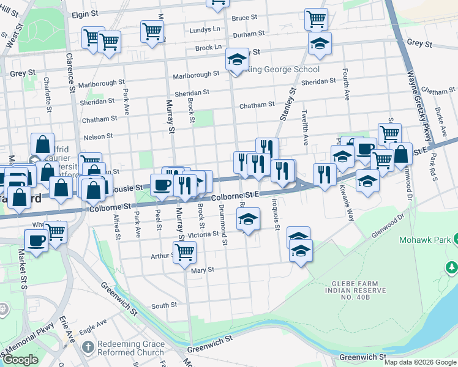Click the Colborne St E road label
tap(236, 193)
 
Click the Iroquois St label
tap(276, 219)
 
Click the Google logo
tap(21, 360)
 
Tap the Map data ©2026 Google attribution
tap(419, 362)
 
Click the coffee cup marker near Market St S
tap(36, 239)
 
